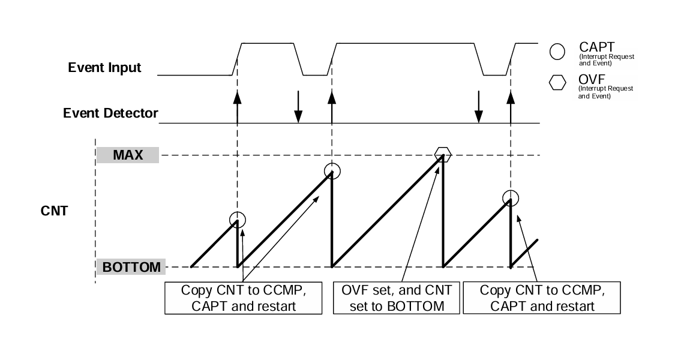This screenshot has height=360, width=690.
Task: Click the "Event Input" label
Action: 104,67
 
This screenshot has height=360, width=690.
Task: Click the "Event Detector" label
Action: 111,113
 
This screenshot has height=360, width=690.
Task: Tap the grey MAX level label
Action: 127,155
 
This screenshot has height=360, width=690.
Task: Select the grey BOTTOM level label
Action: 131,267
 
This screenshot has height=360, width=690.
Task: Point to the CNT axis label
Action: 54,211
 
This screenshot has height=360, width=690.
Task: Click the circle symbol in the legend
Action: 557,52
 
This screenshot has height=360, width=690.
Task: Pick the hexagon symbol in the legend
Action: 557,83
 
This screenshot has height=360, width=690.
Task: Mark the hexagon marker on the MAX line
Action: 443,155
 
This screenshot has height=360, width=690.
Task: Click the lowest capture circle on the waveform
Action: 238,220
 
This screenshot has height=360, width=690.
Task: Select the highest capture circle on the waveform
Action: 332,171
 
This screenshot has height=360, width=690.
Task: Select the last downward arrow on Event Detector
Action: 478,108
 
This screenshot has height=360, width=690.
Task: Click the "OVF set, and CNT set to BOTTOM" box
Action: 397,298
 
